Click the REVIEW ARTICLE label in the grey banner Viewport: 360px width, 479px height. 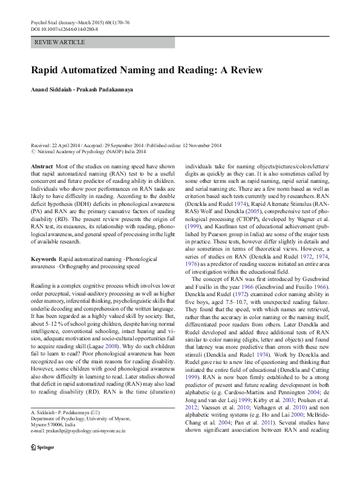pyautogui.click(x=60, y=42)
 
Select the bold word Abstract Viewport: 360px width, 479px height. pyautogui.click(x=41, y=166)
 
